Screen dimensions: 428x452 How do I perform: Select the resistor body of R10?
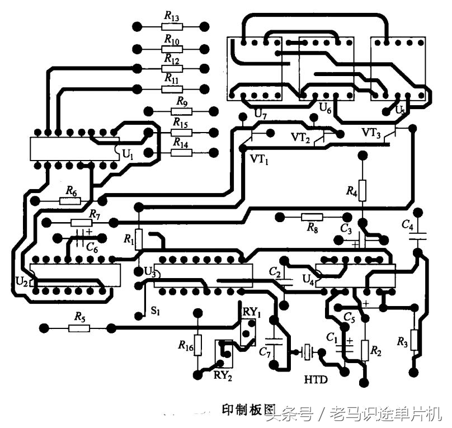coord(171,49)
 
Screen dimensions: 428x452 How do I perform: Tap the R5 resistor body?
coord(79,327)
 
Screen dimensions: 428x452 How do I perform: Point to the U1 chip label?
coord(128,153)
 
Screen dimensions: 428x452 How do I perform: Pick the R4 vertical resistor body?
coord(362,190)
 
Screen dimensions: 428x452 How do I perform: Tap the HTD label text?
coord(316,380)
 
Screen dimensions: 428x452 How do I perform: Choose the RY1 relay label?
coord(252,311)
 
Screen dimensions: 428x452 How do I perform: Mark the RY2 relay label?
coord(222,375)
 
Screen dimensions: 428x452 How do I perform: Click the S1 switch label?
coord(155,312)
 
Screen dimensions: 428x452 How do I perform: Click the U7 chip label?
coord(261,115)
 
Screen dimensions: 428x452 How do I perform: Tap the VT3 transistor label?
coord(371,133)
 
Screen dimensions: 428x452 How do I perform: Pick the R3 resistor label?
coord(402,341)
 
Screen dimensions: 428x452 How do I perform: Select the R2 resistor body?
coord(364,350)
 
